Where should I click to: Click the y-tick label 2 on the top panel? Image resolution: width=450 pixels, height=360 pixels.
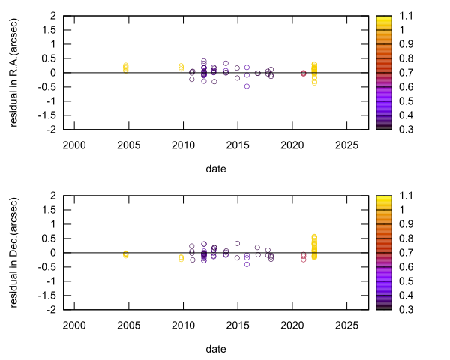click(x=52, y=16)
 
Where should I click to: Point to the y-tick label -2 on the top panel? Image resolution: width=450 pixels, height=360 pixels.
click(x=49, y=130)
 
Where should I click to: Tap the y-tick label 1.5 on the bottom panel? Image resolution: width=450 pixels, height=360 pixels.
click(x=47, y=210)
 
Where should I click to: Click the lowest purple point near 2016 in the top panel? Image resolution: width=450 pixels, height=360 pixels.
click(x=247, y=86)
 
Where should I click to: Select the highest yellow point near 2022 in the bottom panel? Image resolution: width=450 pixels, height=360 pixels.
click(x=314, y=237)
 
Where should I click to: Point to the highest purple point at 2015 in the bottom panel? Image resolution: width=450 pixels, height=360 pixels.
click(x=237, y=243)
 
